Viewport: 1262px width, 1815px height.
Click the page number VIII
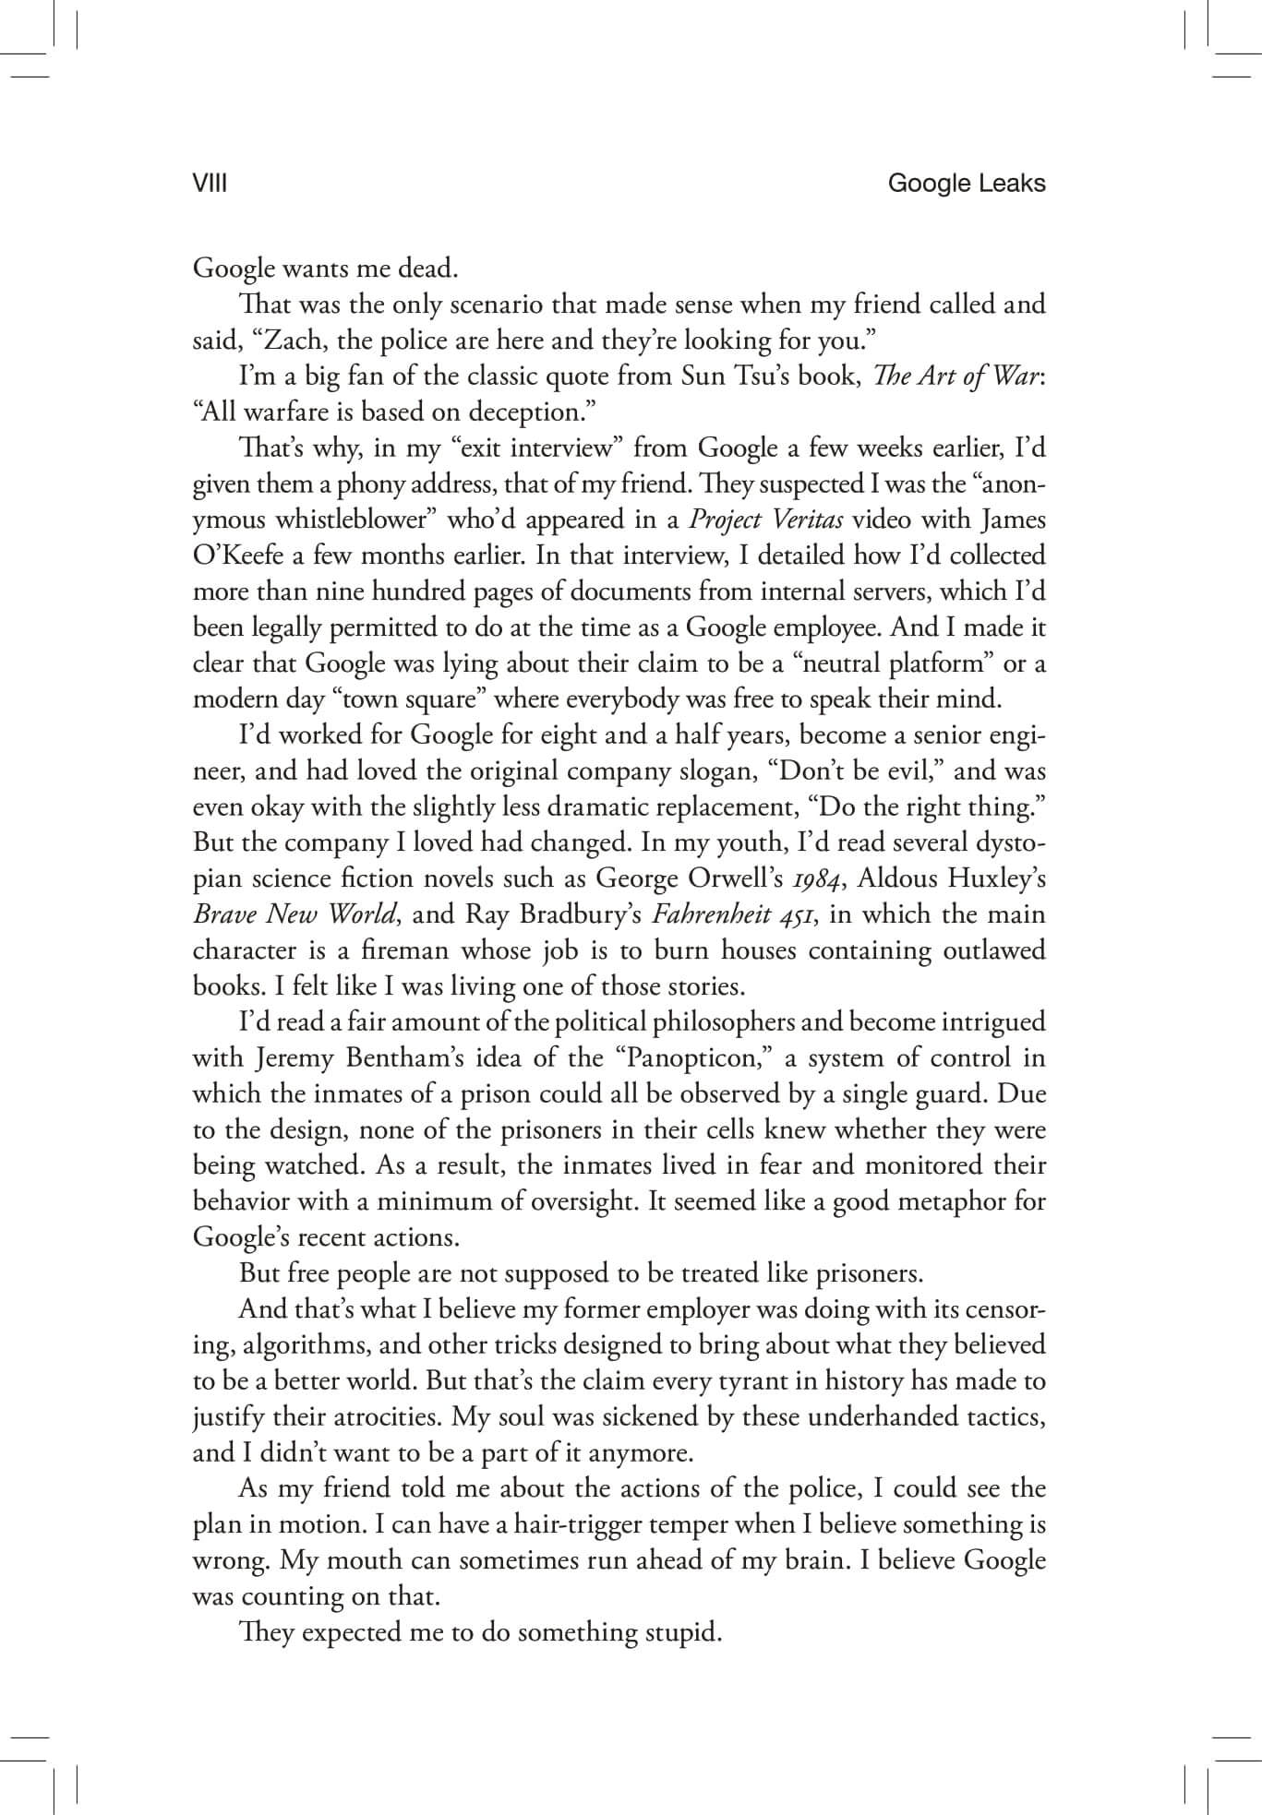coord(210,185)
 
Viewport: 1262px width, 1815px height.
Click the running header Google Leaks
coord(966,185)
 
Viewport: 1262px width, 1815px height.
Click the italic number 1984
coord(821,879)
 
